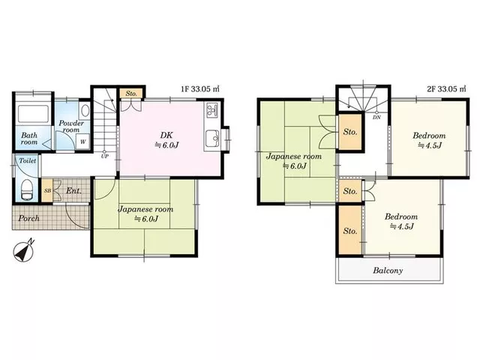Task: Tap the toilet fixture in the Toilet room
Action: coord(27,190)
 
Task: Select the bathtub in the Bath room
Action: coord(33,114)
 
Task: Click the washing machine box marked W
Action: coord(82,142)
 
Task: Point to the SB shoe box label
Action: coord(47,190)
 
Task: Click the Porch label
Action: coord(28,218)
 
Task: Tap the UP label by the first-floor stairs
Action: coord(105,157)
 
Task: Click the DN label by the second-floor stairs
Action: coord(376,117)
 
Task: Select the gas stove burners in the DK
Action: coord(211,111)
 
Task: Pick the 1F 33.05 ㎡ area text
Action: coord(200,89)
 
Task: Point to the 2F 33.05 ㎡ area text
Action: coord(447,89)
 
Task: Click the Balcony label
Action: coord(388,271)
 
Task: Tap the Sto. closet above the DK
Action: coord(131,93)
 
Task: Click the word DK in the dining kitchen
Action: coord(166,135)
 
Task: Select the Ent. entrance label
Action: coord(74,191)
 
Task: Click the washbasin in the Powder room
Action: coord(85,110)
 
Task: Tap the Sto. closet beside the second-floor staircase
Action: coord(350,132)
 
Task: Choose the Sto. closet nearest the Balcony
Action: coord(350,230)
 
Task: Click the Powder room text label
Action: coord(71,126)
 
